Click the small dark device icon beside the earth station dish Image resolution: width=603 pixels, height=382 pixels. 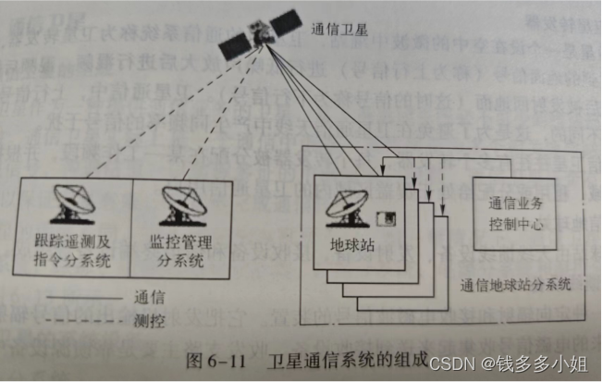[391, 219]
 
